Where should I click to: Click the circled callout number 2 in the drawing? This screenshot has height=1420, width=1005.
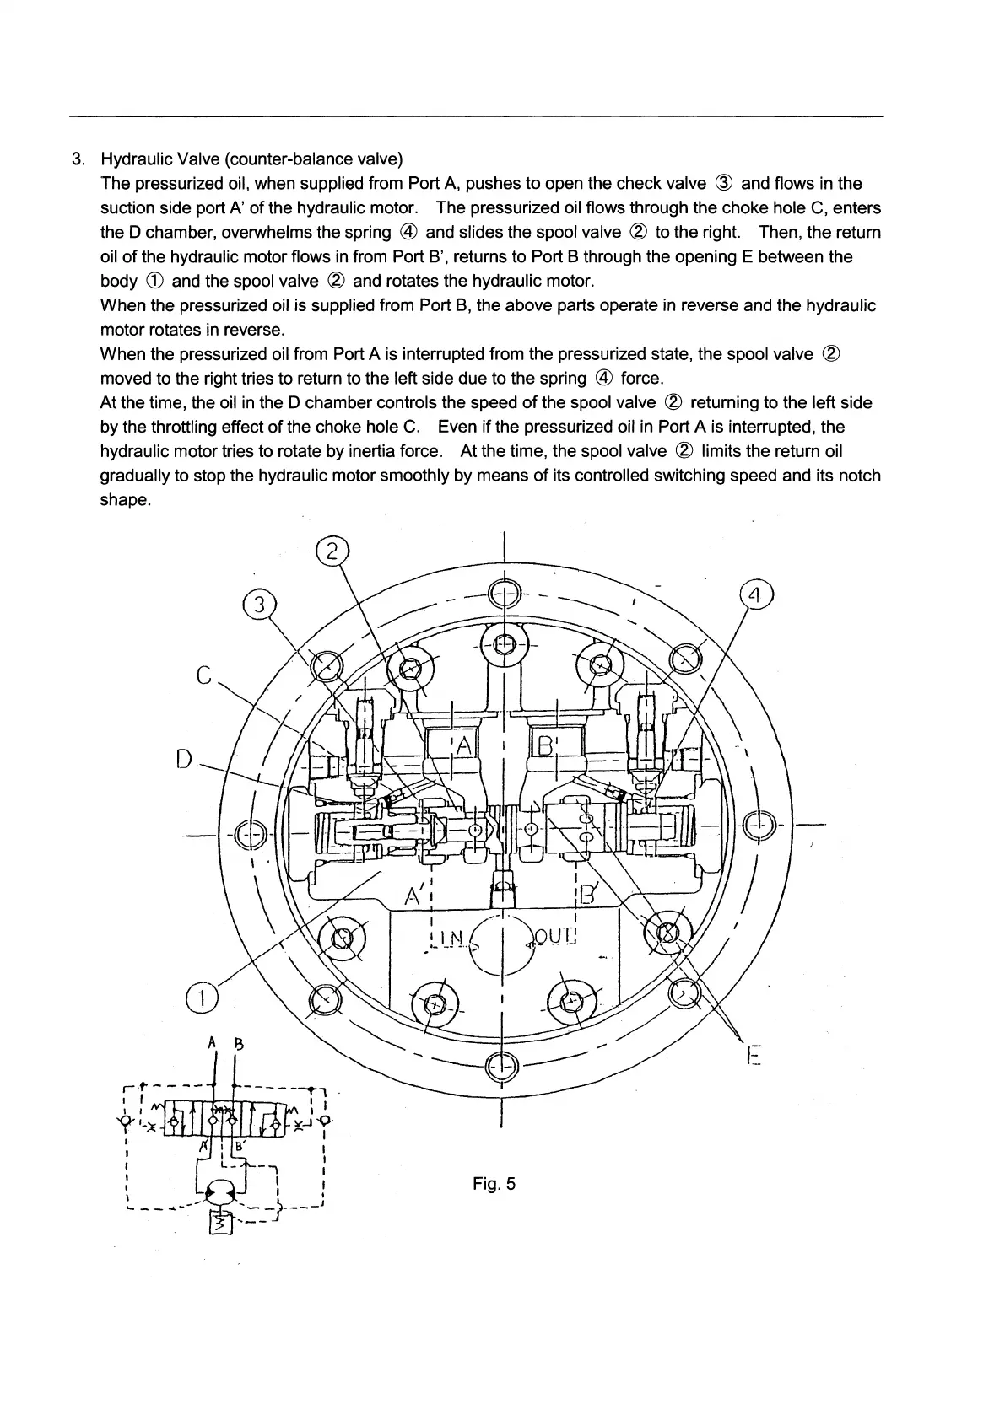pos(332,551)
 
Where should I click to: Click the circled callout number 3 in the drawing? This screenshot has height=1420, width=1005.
pos(261,605)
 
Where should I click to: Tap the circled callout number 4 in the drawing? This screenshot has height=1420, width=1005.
pos(756,595)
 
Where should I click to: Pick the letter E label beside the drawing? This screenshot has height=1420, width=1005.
pos(754,1057)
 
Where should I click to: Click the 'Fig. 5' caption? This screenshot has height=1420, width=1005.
pos(494,1184)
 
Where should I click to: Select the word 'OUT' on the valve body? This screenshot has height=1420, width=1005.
pos(554,937)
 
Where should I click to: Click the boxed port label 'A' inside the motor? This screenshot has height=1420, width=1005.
pos(462,745)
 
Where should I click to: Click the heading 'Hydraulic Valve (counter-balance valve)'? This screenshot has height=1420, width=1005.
pos(251,159)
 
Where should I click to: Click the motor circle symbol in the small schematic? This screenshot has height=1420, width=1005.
pos(224,1191)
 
